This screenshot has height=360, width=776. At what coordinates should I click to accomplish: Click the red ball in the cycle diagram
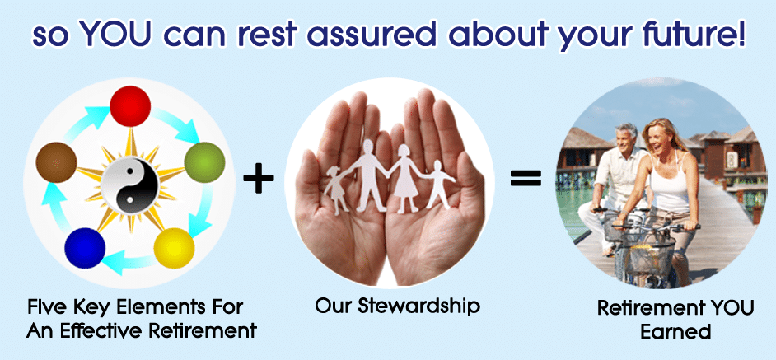[130, 106]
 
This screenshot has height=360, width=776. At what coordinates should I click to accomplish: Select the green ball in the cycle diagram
[204, 162]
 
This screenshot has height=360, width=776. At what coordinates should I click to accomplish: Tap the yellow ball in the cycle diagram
[174, 248]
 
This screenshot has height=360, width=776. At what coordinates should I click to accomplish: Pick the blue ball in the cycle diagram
[85, 248]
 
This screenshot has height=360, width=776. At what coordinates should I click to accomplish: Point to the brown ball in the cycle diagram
[56, 162]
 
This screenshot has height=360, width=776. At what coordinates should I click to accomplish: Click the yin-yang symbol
[129, 185]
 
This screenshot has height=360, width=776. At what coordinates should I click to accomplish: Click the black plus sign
[259, 179]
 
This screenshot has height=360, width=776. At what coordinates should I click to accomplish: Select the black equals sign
[526, 178]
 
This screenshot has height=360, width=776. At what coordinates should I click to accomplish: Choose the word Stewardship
[418, 306]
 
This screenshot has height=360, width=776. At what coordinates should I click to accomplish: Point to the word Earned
[675, 332]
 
